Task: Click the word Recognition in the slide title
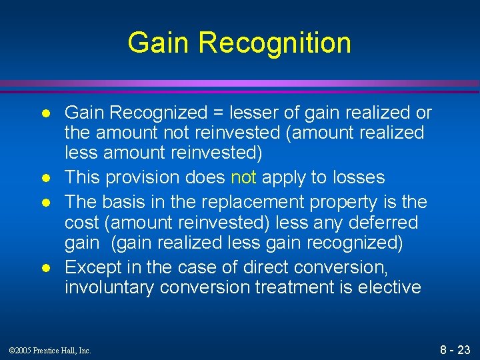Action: pyautogui.click(x=275, y=43)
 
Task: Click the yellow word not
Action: pyautogui.click(x=243, y=177)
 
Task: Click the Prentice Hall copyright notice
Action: pyautogui.click(x=50, y=350)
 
